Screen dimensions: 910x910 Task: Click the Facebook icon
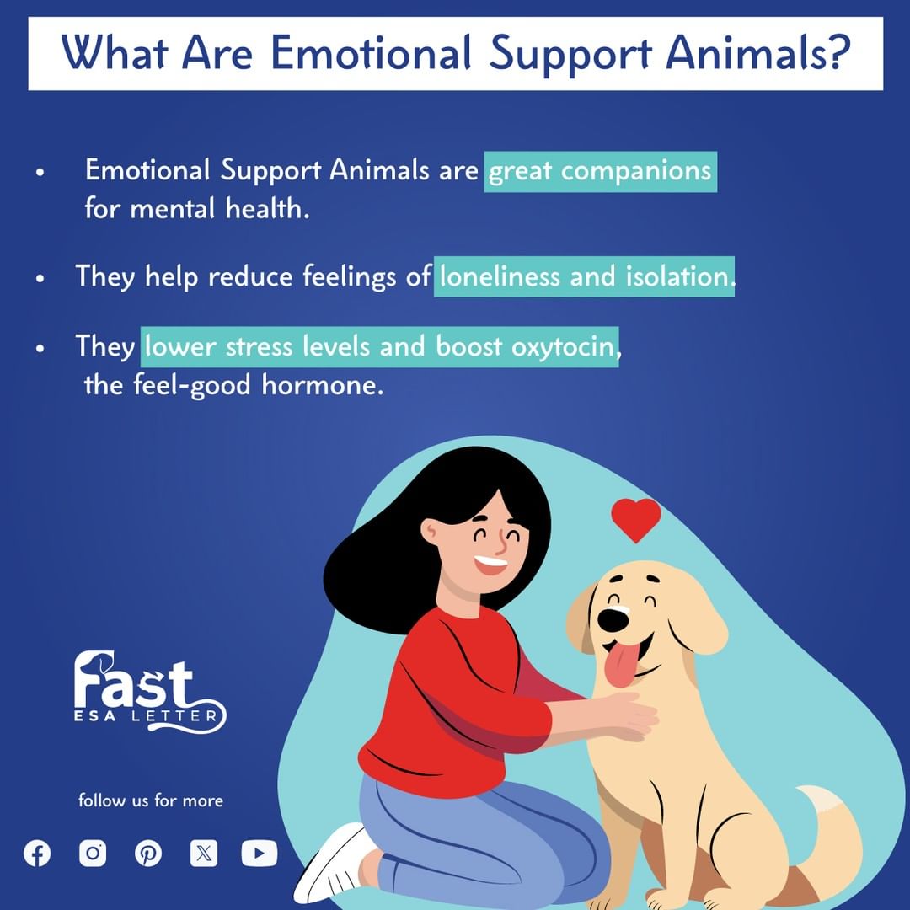pyautogui.click(x=37, y=854)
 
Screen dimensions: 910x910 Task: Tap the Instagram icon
pyautogui.click(x=93, y=853)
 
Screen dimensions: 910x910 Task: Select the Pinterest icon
pyautogui.click(x=148, y=854)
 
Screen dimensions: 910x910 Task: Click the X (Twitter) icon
pyautogui.click(x=204, y=853)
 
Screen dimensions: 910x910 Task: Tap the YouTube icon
pyautogui.click(x=260, y=853)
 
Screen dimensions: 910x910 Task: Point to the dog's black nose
pyautogui.click(x=613, y=620)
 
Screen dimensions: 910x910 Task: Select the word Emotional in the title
pyautogui.click(x=371, y=53)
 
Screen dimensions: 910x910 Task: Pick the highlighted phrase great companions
pyautogui.click(x=600, y=171)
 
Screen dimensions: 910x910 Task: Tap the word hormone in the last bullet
pyautogui.click(x=322, y=385)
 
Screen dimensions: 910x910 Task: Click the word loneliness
pyautogui.click(x=499, y=276)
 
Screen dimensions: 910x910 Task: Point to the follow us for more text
pyautogui.click(x=151, y=800)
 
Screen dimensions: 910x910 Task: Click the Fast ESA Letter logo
pyautogui.click(x=150, y=692)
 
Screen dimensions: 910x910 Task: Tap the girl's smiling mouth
pyautogui.click(x=490, y=564)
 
